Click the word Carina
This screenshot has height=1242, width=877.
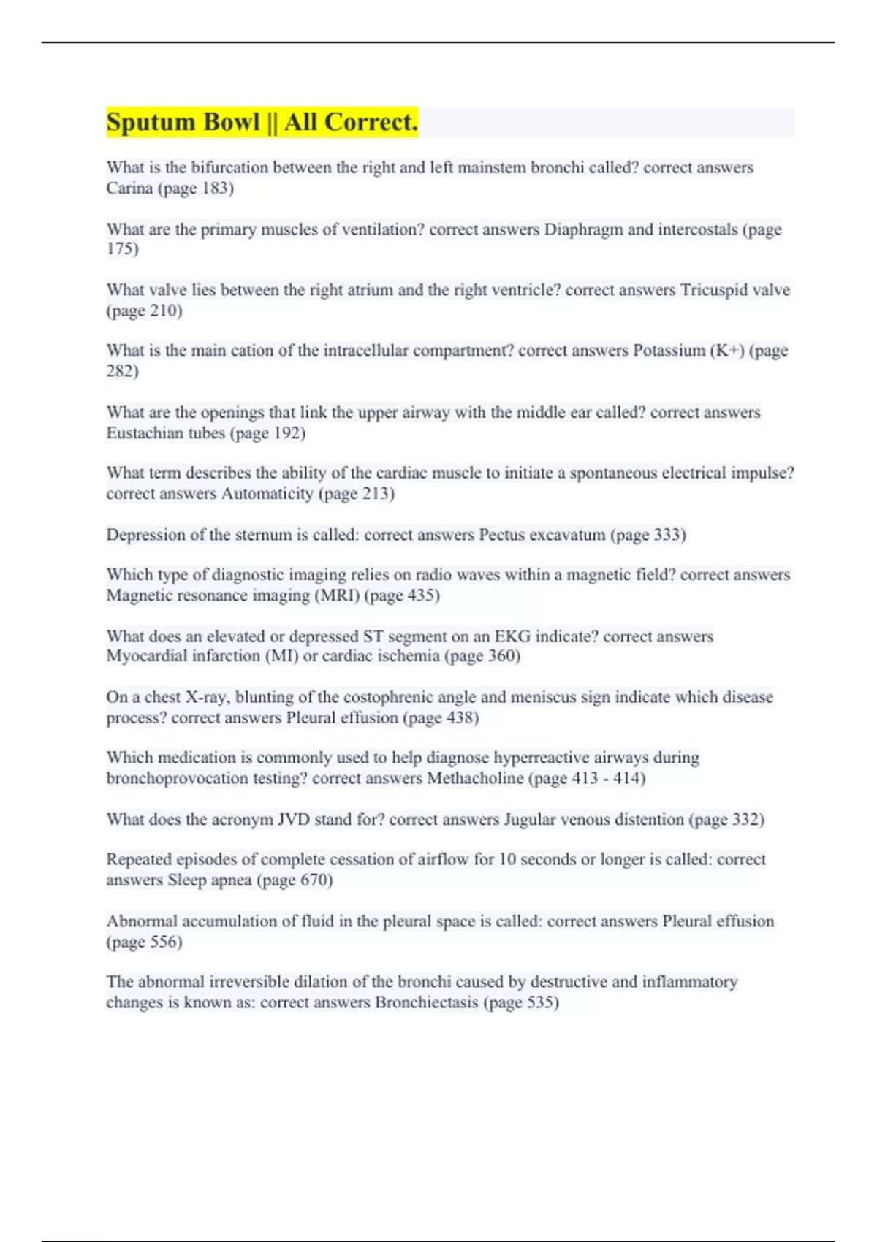(x=129, y=188)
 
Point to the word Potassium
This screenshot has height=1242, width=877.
(x=669, y=351)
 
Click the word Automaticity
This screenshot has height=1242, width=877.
(x=267, y=494)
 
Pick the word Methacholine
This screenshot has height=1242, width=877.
(x=475, y=778)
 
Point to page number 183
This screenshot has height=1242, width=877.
(x=214, y=188)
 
